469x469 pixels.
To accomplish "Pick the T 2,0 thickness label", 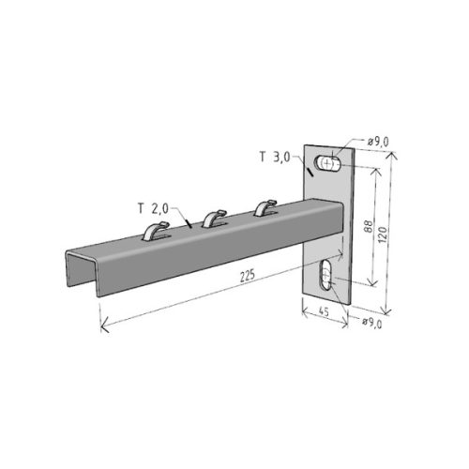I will click(x=149, y=207).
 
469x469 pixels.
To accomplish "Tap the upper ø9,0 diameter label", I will click(x=377, y=142).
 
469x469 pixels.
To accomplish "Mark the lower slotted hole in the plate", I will click(x=325, y=278).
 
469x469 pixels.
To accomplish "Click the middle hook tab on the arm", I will click(x=214, y=217).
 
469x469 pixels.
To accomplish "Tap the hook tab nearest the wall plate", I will click(x=265, y=204).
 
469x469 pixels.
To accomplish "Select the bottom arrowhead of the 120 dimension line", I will click(x=387, y=311).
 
